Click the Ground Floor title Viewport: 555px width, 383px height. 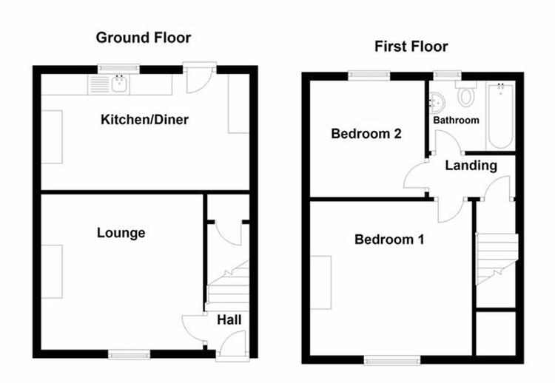click(x=144, y=38)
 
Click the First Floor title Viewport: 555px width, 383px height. click(x=411, y=47)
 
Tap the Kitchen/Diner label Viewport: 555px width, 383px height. click(x=144, y=120)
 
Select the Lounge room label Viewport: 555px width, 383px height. click(x=121, y=233)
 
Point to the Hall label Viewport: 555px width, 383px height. click(x=229, y=319)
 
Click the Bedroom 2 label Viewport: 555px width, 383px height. click(x=366, y=134)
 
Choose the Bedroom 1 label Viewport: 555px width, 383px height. click(x=389, y=240)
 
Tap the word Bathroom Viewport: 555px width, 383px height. click(x=457, y=121)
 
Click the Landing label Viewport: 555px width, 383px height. click(x=471, y=165)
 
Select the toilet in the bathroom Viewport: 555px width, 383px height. click(x=465, y=94)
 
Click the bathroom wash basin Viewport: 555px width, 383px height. click(x=437, y=102)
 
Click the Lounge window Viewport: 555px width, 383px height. click(x=129, y=354)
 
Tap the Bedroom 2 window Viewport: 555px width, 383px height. click(x=369, y=76)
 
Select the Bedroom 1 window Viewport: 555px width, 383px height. click(x=392, y=360)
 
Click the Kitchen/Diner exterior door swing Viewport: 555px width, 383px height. click(x=199, y=78)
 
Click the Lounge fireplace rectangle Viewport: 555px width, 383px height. click(x=52, y=271)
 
